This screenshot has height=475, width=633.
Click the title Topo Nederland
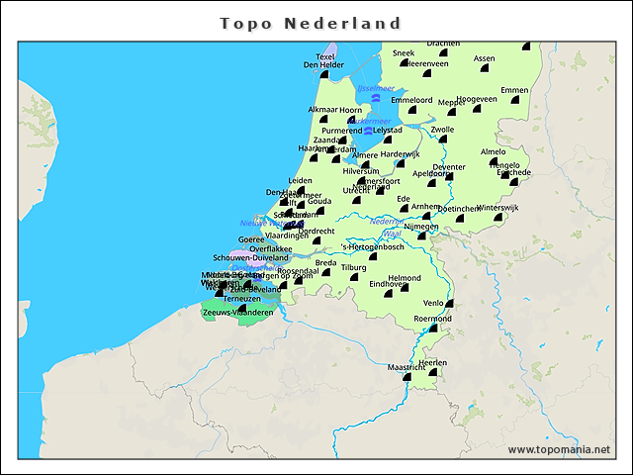tap(311, 23)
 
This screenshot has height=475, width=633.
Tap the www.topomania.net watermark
tap(559, 449)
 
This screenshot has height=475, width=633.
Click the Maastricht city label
tap(406, 367)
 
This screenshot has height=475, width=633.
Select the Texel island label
tap(325, 56)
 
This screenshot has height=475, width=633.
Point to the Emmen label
tap(514, 90)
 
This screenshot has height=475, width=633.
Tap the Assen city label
tap(484, 58)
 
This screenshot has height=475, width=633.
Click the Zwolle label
tap(442, 129)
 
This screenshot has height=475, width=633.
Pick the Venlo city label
tap(433, 303)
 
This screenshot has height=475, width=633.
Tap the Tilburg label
tap(353, 267)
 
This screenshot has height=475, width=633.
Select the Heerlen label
tap(433, 362)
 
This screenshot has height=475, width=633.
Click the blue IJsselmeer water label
tap(375, 88)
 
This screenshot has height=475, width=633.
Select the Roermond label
tap(432, 319)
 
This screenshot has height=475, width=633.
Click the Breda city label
tap(325, 262)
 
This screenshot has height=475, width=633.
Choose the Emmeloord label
tap(411, 100)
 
